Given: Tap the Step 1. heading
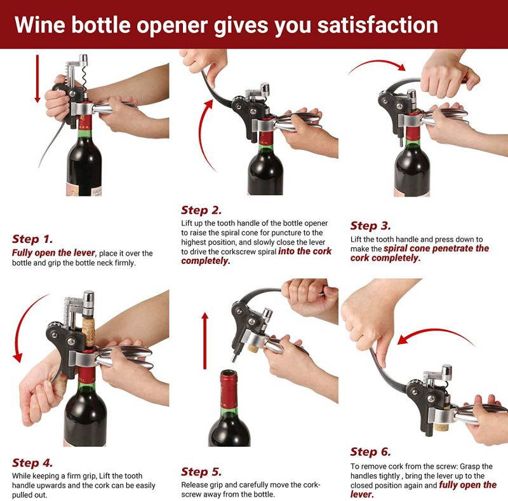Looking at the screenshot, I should pos(32,240).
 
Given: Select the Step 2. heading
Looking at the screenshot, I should pos(201,210).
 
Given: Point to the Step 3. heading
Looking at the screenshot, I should pos(371,226).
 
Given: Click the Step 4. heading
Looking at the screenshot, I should pos(32,463).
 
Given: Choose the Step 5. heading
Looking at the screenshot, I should pos(201,472).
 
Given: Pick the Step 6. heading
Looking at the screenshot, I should pos(371,452).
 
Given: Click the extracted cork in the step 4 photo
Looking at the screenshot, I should pos(89,327).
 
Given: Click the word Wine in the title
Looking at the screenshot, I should pos(41,25).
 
